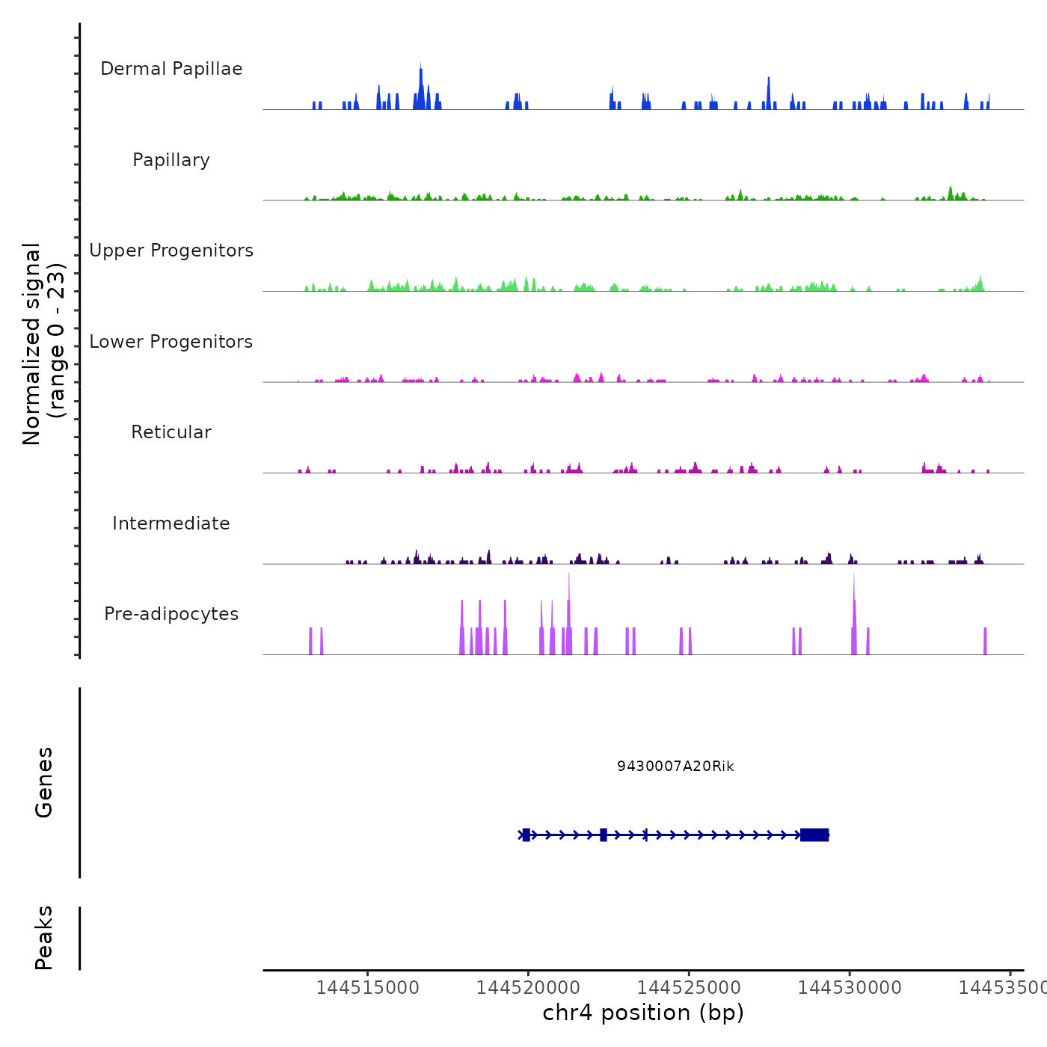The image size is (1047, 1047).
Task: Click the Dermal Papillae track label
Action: coord(171,69)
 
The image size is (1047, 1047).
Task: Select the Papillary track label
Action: coord(171,160)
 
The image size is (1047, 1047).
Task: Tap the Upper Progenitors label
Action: coord(171,251)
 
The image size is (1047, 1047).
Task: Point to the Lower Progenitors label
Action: coord(171,342)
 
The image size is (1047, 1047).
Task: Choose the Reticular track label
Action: coord(171,432)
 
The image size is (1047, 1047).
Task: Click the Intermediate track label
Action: coord(171,523)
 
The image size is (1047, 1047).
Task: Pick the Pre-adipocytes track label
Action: coord(171,614)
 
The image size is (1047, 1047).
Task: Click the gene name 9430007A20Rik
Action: coord(675,767)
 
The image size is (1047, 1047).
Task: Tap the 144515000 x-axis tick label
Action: coord(367,988)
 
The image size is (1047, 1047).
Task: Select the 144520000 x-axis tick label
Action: coord(528,988)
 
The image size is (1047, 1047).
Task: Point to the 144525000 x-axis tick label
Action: coord(689,988)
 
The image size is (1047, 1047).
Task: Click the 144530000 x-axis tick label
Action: coord(850,988)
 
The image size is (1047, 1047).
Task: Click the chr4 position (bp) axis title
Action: coord(643,1013)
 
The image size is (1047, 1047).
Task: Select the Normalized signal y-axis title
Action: coord(43,343)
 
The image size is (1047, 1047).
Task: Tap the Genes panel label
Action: coord(44,782)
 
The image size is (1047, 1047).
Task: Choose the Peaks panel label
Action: coord(44,938)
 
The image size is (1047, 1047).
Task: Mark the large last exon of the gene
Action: coord(814,835)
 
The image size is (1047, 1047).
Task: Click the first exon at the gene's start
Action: coord(526,835)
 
